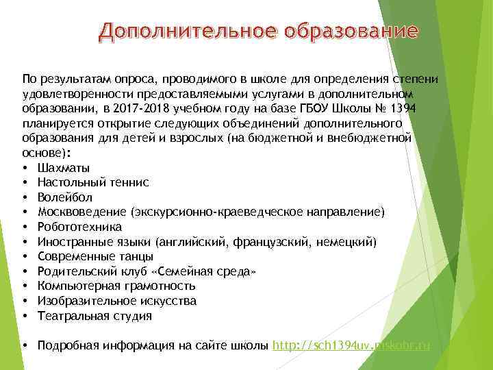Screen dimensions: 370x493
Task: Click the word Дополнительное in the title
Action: point(177,31)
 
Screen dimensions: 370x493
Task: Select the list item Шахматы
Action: point(64,168)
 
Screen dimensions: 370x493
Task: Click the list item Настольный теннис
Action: point(94,183)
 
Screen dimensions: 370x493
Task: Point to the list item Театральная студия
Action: point(95,316)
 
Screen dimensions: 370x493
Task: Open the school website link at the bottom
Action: point(351,345)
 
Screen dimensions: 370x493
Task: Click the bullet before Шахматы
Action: point(25,168)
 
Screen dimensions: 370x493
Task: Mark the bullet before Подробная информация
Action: point(25,345)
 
